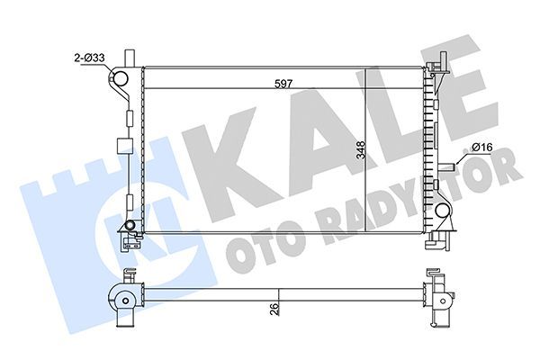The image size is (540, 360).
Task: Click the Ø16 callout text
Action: (482, 148)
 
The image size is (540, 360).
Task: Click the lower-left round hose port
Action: (131, 224)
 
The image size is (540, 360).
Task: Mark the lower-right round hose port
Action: (444, 213)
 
